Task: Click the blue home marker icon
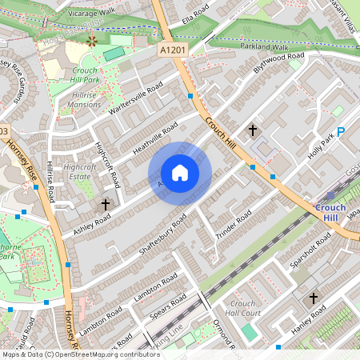pos(180,173)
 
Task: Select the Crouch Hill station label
pos(330,214)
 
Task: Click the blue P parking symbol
pos(341,133)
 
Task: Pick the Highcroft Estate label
pos(79,170)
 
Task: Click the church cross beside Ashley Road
pos(105,205)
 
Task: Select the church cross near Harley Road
pos(314,298)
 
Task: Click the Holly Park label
pos(320,146)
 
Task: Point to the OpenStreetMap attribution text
pos(70,354)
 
